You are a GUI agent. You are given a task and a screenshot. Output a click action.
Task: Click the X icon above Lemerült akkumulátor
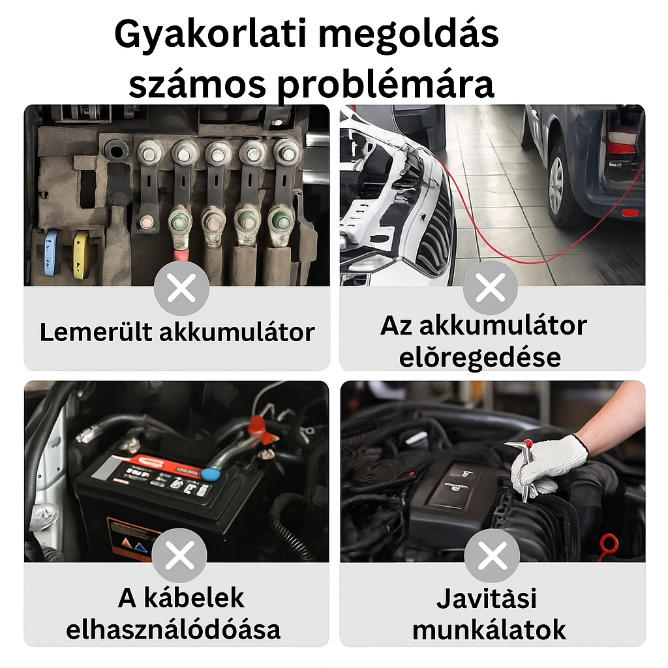tap(181, 288)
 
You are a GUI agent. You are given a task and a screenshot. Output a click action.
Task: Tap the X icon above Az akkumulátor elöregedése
tap(491, 288)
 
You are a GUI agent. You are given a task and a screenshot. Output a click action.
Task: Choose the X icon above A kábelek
tap(179, 555)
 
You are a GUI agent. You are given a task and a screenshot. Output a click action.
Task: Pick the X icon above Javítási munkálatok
tap(492, 555)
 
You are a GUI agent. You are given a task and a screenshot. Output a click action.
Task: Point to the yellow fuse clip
tap(82, 255)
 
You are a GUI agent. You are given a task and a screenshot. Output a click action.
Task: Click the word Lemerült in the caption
tap(96, 332)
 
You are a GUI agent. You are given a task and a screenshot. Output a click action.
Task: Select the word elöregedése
tap(479, 357)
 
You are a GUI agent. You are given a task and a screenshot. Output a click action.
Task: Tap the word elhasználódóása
tap(174, 630)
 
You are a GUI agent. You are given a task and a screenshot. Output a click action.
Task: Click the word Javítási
tap(487, 598)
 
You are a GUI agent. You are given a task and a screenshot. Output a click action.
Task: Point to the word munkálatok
tap(489, 630)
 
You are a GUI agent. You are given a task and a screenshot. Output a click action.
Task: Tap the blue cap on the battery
tap(211, 474)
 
